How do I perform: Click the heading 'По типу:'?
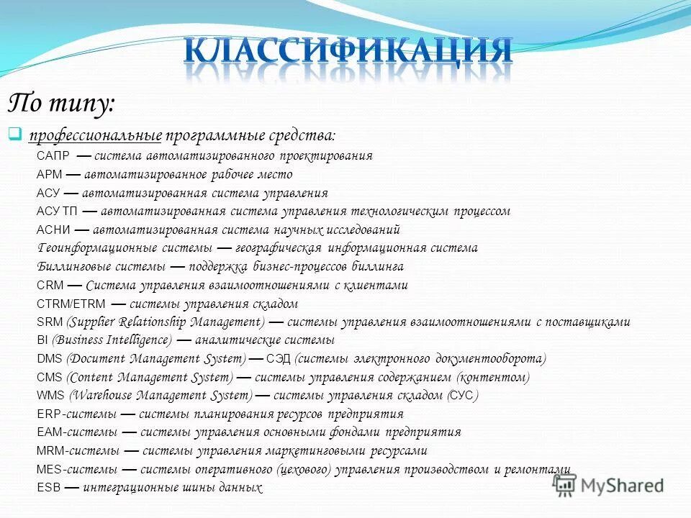click(x=60, y=104)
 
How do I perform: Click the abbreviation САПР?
click(x=53, y=156)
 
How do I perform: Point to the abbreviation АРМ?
click(x=50, y=175)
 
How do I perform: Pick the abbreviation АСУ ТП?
click(x=56, y=212)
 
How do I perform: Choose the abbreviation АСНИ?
click(x=53, y=230)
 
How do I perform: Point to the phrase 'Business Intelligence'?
click(x=113, y=340)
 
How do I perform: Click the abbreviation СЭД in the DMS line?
click(x=279, y=359)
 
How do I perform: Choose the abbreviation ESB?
click(x=48, y=488)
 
